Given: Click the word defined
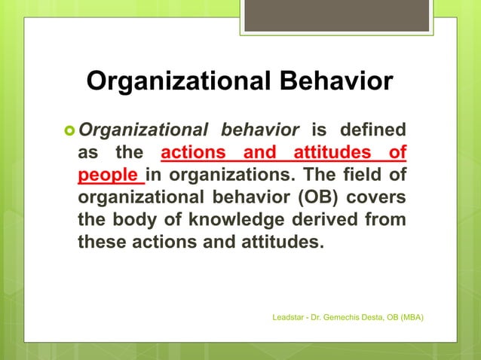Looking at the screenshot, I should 373,129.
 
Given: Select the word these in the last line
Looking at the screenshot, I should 104,244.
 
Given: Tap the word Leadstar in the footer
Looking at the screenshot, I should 289,318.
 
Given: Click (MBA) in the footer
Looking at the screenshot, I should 409,318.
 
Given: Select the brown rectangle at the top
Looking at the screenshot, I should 336,15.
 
